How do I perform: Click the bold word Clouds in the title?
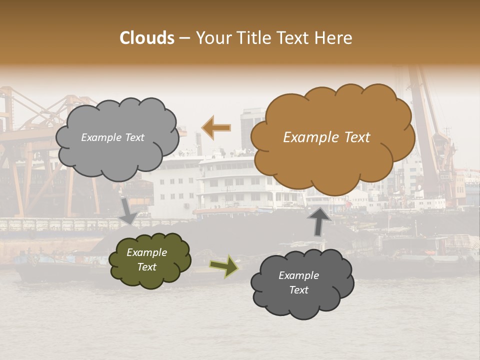point(147,38)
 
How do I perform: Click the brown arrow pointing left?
point(216,128)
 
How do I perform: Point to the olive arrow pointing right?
point(224,265)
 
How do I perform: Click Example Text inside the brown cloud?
point(326,137)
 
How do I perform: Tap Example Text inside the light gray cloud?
point(112,137)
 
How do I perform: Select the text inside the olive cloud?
point(147,260)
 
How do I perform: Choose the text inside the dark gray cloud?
point(299,282)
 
